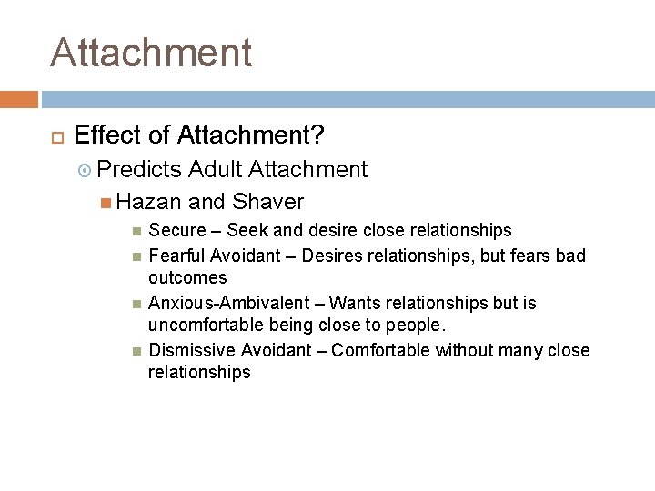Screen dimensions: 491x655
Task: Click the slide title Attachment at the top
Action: pos(151,53)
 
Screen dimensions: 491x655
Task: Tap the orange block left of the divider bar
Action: pos(19,99)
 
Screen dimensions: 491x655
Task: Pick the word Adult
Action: pos(216,169)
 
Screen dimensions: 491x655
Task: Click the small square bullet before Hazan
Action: pos(106,202)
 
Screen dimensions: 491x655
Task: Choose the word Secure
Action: pos(177,230)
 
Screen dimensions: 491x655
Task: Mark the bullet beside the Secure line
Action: pos(136,231)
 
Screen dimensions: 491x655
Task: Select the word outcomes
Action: pos(187,277)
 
